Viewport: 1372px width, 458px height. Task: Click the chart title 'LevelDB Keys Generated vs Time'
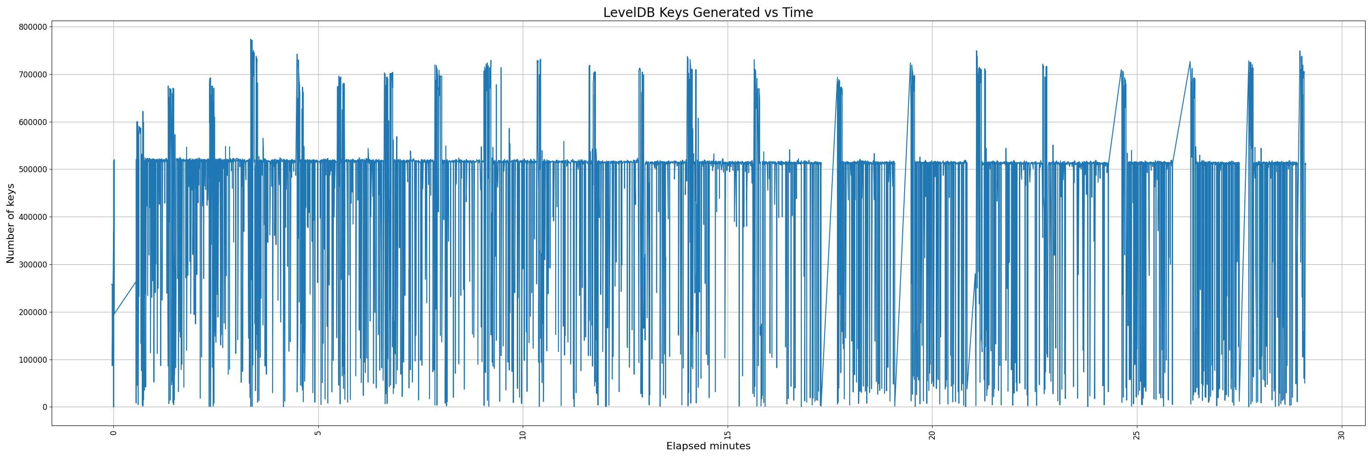[708, 12]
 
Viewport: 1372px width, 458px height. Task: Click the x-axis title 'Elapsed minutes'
[708, 446]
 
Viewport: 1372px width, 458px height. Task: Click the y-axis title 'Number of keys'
[11, 224]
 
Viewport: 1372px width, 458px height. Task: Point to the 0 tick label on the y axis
[45, 407]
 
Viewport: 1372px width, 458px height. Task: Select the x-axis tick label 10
[522, 435]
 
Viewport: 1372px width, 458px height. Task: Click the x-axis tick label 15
[728, 435]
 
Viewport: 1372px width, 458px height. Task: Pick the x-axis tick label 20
[932, 435]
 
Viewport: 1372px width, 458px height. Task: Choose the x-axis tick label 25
[1136, 435]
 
